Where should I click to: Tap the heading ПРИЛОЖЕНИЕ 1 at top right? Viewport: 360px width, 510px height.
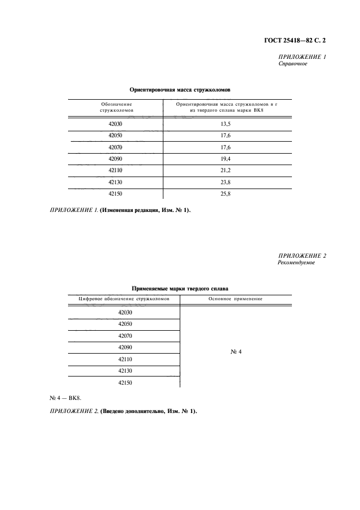click(302, 57)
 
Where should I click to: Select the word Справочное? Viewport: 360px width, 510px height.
click(293, 64)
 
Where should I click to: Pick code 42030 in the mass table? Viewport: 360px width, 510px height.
click(115, 124)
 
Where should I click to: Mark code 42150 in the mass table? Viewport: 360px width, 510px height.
click(115, 193)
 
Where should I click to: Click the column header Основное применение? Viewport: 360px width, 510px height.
click(236, 299)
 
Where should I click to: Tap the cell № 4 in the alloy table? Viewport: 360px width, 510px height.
click(236, 352)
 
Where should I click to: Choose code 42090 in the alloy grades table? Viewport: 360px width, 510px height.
click(125, 347)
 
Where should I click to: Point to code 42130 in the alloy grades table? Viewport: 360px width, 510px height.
click(125, 371)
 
